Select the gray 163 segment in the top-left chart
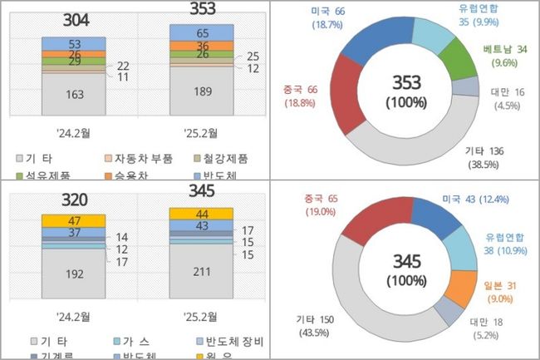coord(73,94)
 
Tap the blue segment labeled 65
coord(202,32)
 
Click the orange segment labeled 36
coord(202,46)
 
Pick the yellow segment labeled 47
coord(73,220)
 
